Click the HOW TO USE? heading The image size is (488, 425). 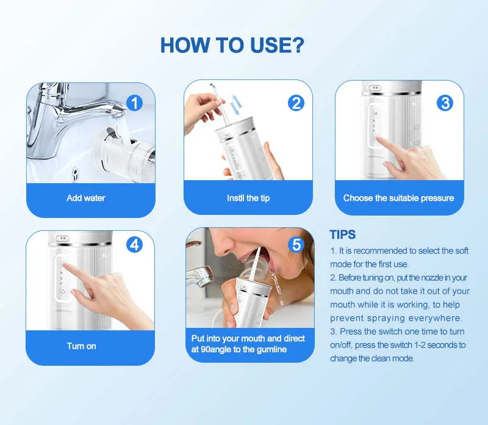(232, 45)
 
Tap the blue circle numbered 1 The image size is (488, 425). (134, 103)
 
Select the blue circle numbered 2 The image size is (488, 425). (296, 103)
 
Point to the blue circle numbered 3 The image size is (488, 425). (445, 103)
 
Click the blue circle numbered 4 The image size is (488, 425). (134, 245)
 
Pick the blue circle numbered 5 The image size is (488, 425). (296, 245)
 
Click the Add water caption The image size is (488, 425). (86, 198)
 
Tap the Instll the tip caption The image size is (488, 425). (248, 198)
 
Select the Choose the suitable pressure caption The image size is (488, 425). (399, 198)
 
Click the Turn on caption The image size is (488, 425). (82, 346)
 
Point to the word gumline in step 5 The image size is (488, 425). (271, 350)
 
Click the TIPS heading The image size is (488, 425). (343, 234)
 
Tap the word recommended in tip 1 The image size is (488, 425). (381, 251)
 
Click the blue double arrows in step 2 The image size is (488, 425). (236, 105)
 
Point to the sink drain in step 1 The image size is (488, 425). (74, 173)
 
